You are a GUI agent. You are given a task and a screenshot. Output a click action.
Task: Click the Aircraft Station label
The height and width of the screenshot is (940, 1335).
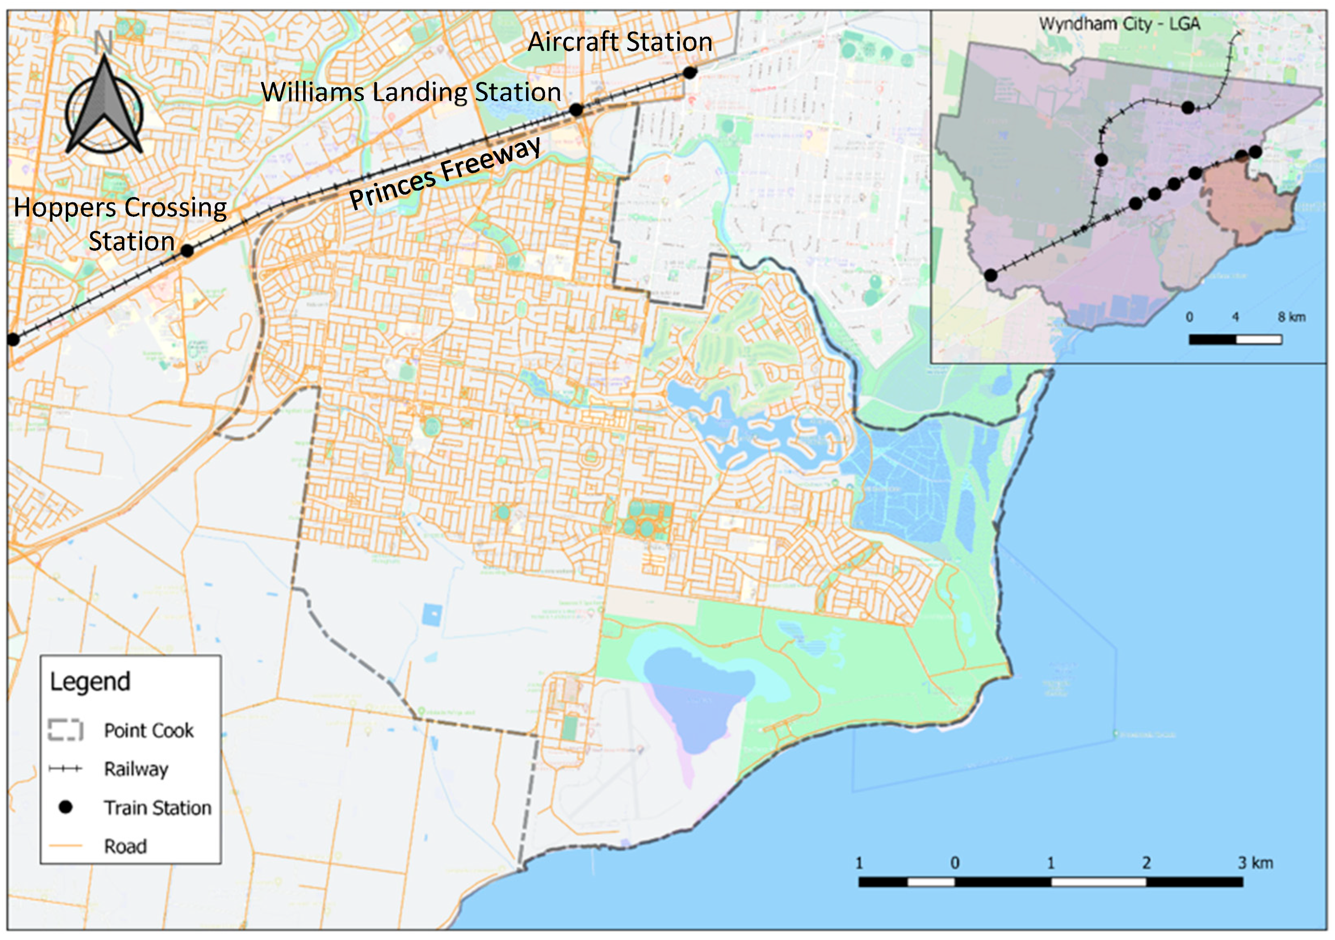(620, 42)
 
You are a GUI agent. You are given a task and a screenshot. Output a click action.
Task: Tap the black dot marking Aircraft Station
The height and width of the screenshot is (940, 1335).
(690, 73)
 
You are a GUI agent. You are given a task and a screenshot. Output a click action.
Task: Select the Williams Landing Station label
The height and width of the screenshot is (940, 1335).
(411, 92)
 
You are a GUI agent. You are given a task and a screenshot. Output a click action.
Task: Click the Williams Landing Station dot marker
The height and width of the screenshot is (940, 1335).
(575, 109)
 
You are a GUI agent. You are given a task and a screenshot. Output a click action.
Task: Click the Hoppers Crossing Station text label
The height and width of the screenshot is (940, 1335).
(120, 224)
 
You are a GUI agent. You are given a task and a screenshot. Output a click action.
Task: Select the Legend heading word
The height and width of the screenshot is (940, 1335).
(90, 681)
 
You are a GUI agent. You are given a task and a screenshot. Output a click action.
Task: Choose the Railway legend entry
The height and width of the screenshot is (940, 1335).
(136, 769)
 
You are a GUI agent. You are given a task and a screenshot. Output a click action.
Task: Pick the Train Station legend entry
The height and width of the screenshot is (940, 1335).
(157, 808)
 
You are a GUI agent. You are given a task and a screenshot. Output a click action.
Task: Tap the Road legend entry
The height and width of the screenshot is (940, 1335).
(125, 846)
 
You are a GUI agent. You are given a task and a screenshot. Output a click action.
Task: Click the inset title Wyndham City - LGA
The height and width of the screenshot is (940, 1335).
(1119, 24)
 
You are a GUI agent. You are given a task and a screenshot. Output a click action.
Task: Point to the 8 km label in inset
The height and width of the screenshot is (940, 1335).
(1291, 317)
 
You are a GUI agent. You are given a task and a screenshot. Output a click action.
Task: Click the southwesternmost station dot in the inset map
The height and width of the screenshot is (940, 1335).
(991, 275)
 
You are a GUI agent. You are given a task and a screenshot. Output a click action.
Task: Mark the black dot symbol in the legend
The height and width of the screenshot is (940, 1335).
(66, 807)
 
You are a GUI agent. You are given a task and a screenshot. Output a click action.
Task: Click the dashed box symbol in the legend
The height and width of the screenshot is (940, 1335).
(66, 731)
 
